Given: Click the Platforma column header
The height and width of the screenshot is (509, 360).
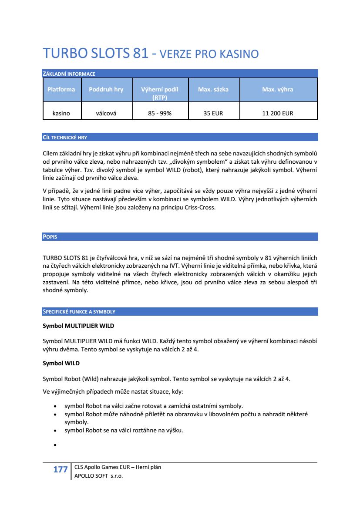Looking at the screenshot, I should [x=61, y=89].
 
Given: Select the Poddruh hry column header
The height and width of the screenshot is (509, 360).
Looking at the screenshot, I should [x=106, y=89].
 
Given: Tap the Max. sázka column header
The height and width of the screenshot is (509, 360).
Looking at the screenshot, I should [x=213, y=89].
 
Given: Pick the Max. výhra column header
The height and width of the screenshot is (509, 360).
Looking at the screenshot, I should [x=277, y=89].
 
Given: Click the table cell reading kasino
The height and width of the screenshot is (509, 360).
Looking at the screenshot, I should [x=61, y=113].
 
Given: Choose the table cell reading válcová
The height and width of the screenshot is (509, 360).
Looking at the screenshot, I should [x=106, y=113].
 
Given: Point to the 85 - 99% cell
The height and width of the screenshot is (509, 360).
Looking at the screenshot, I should [x=160, y=113].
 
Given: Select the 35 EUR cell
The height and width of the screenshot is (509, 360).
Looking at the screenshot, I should [x=213, y=113].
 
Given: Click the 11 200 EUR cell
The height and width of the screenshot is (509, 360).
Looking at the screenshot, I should [x=277, y=113].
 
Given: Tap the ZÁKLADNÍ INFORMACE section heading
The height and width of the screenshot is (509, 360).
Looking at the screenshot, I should [x=69, y=74].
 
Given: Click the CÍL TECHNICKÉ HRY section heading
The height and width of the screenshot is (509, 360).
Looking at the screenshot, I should [x=65, y=138].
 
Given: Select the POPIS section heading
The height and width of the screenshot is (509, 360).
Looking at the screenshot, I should [x=50, y=237].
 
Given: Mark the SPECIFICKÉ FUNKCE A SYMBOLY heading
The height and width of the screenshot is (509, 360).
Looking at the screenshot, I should [x=79, y=312].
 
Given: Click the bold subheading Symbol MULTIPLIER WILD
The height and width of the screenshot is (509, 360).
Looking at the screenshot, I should [x=78, y=326].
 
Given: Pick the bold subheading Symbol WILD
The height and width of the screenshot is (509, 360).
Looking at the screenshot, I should [x=61, y=363].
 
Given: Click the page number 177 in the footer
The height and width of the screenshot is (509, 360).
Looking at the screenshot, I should [x=60, y=469].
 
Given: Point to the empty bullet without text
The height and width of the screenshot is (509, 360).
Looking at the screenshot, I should [x=55, y=445].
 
